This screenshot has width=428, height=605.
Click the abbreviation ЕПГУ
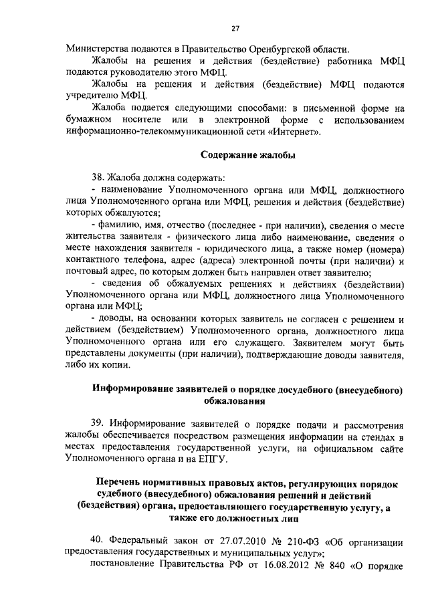213,461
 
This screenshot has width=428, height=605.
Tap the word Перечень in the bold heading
122,482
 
